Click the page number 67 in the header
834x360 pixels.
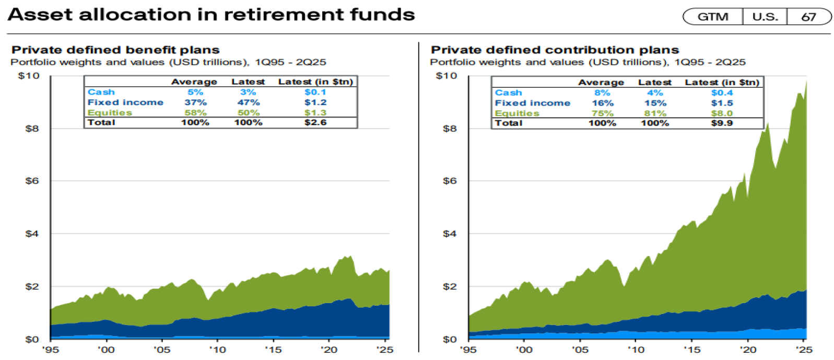808,17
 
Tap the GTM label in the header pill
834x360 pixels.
713,17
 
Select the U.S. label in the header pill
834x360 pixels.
765,17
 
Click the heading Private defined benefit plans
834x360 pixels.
115,50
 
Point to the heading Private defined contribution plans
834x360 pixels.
555,50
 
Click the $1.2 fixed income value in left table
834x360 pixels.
315,102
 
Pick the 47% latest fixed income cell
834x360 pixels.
248,102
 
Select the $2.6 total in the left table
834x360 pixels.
315,122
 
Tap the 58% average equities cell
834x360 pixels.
195,112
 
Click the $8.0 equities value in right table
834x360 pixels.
722,113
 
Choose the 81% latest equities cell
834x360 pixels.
655,113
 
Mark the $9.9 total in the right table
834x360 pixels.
722,123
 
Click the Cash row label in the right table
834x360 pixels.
508,92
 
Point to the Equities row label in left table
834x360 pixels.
110,112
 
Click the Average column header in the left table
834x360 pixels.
194,82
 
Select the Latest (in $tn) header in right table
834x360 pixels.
722,82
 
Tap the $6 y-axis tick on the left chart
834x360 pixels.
32,181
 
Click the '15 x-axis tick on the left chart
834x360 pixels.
273,350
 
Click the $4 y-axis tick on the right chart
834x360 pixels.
450,234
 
